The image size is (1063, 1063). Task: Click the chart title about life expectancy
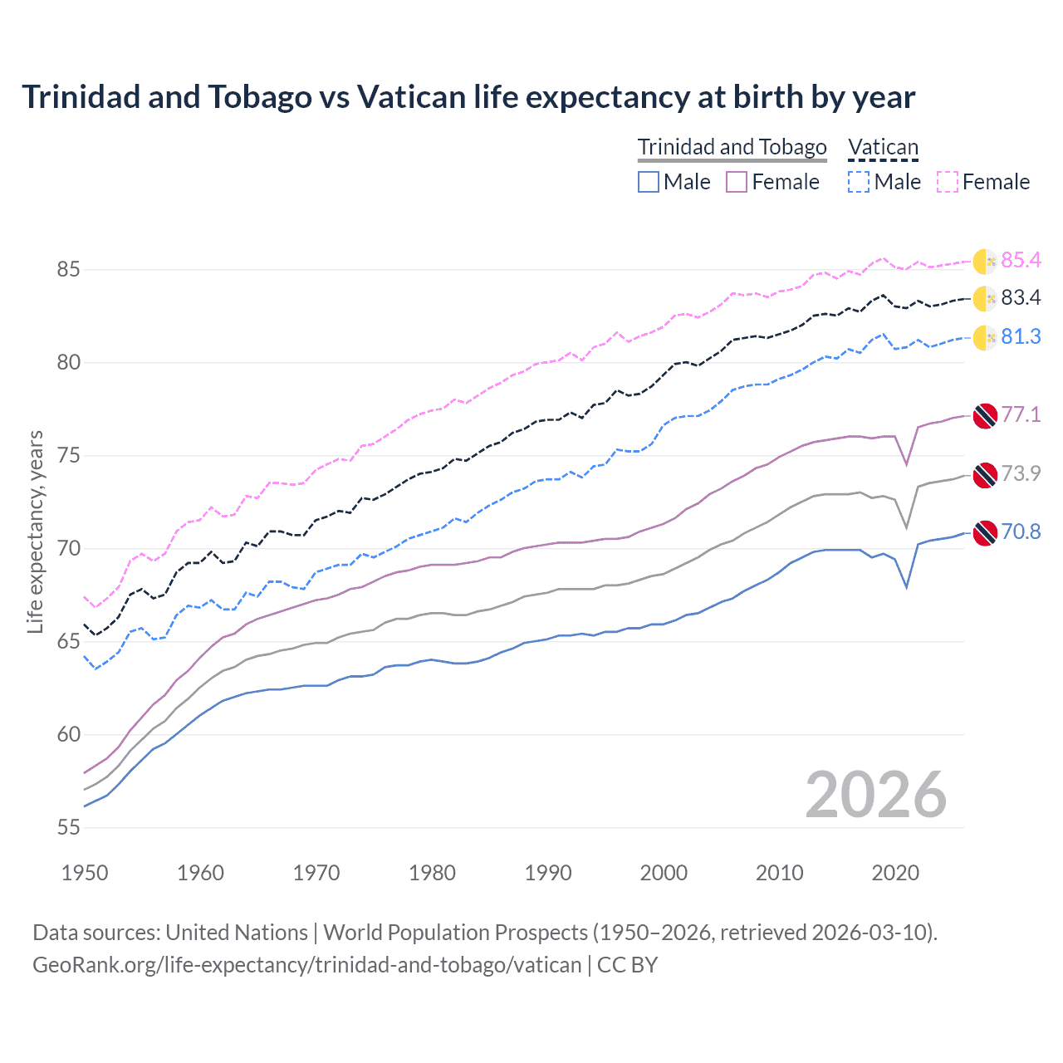click(468, 97)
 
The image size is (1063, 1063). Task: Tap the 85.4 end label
click(1021, 260)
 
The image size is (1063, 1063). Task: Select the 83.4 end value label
click(1021, 297)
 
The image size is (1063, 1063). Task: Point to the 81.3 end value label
click(1021, 336)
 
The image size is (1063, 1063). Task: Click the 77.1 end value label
click(1021, 414)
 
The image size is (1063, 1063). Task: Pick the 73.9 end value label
click(1021, 473)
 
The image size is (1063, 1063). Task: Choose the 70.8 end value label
click(1021, 531)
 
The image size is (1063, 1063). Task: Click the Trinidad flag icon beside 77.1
click(985, 415)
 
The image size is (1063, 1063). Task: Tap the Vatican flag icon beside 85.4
click(985, 261)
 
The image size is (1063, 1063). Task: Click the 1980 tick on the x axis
click(432, 873)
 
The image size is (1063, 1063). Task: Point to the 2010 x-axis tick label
click(779, 873)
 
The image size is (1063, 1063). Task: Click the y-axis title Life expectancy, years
click(35, 531)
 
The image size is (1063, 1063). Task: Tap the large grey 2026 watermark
click(875, 795)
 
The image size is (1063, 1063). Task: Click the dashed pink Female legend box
click(948, 182)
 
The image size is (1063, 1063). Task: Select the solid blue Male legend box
click(649, 182)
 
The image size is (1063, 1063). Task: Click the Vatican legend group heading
click(883, 147)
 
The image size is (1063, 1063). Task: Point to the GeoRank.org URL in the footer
click(307, 965)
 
